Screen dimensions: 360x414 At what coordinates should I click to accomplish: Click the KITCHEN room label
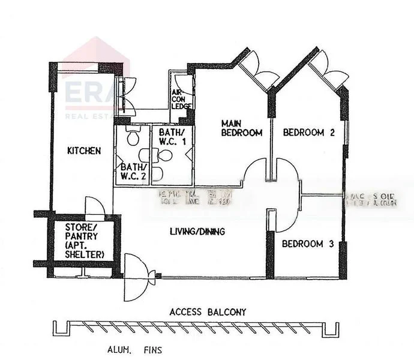(84, 151)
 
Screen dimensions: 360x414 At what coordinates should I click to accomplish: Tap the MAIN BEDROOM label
(242, 128)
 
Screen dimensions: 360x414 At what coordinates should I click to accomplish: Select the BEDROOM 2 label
(308, 133)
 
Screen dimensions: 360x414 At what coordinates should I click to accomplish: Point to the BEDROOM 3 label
(307, 244)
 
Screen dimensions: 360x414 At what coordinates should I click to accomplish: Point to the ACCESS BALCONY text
(208, 312)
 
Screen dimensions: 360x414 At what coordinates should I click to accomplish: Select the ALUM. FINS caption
(128, 348)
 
